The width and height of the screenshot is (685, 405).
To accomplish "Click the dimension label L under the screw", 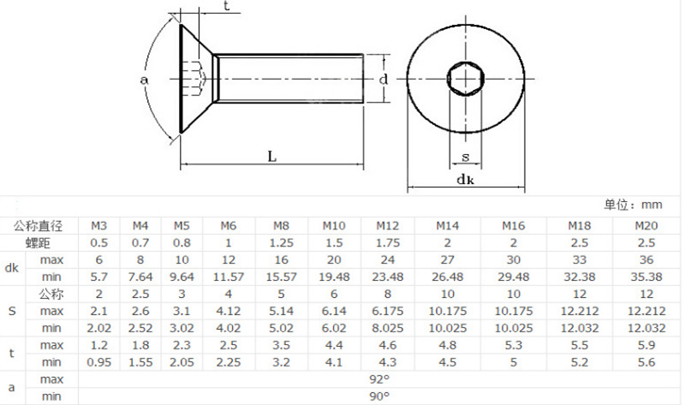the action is (271, 157).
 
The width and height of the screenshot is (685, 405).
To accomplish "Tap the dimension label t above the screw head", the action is (226, 7).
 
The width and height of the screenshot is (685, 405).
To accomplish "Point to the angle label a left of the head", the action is (144, 80).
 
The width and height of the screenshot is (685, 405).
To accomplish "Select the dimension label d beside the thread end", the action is (384, 80).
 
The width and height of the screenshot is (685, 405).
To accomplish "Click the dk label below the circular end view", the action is (465, 180).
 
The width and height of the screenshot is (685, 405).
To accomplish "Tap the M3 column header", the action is (99, 225).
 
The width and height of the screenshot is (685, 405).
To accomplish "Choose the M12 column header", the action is (387, 225).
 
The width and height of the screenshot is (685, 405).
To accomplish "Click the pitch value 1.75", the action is (387, 242).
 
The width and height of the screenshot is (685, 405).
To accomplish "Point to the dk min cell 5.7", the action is (99, 277).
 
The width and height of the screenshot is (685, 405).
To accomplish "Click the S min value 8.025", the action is (387, 327).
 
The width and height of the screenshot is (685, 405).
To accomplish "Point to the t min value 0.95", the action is (99, 361).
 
